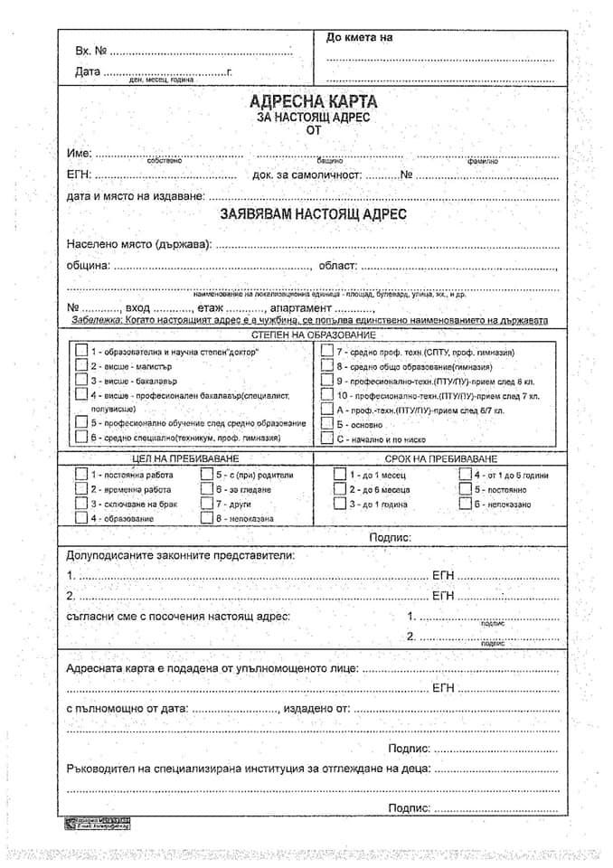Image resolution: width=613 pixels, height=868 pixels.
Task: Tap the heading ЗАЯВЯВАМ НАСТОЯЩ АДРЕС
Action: (x=313, y=215)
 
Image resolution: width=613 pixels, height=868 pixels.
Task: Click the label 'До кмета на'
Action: (x=359, y=38)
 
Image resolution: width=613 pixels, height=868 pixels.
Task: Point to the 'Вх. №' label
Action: (x=91, y=51)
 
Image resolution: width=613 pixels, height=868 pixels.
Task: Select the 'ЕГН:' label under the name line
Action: (x=80, y=175)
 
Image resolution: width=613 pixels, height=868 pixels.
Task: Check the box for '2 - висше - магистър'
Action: (x=81, y=366)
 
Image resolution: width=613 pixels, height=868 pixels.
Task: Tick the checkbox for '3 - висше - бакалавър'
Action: (x=81, y=381)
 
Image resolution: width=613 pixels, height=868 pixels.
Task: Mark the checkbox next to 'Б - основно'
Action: (x=326, y=424)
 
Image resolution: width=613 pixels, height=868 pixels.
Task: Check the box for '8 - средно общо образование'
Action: (x=326, y=366)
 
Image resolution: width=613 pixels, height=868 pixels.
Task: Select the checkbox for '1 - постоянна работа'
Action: (x=81, y=475)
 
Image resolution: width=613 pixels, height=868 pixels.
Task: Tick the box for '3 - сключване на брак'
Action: (x=81, y=504)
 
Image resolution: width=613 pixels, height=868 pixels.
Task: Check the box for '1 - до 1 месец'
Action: (x=339, y=475)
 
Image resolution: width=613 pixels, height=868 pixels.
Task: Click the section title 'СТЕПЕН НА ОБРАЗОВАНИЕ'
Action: (x=313, y=335)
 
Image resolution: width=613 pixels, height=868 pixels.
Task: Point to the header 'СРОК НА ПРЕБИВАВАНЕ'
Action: (x=440, y=459)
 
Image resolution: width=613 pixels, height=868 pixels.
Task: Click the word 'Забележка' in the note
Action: (x=96, y=321)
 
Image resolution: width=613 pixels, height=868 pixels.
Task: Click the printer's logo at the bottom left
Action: (x=97, y=822)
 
